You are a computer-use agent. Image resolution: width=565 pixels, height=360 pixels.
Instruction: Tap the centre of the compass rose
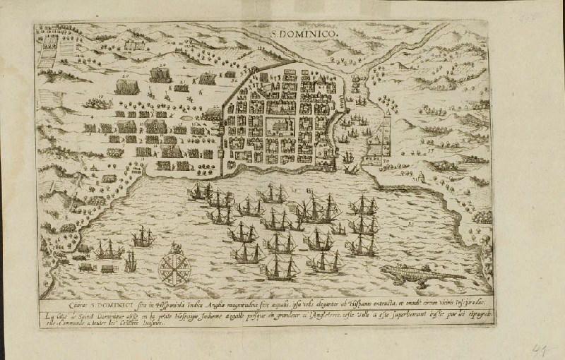[172, 266]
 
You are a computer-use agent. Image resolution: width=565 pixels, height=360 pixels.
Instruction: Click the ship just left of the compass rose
[130, 261]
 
